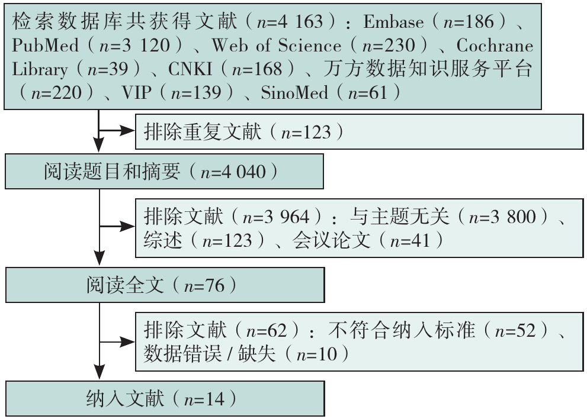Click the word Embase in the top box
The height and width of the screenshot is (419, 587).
click(393, 22)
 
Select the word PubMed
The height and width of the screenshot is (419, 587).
click(39, 46)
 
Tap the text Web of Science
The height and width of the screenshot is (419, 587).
click(276, 46)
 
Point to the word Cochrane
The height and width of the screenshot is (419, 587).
click(494, 46)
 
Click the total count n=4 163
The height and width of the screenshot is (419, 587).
click(291, 22)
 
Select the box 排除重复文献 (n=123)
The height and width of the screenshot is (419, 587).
click(358, 131)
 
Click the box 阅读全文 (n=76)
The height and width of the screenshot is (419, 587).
click(165, 286)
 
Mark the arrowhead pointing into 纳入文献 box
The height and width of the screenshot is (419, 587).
click(99, 373)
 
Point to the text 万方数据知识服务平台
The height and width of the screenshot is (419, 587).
click(427, 69)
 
